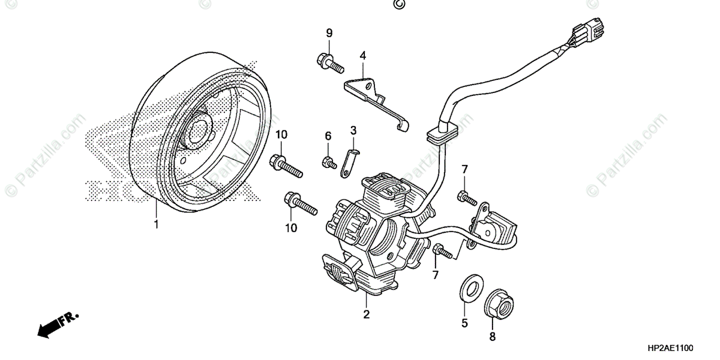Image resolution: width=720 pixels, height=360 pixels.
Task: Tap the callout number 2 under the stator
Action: (x=366, y=314)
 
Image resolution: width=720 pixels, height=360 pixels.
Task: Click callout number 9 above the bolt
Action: (x=329, y=32)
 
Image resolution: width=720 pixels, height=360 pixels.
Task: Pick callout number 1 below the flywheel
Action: (x=156, y=224)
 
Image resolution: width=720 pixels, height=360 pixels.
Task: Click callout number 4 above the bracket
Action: (x=362, y=56)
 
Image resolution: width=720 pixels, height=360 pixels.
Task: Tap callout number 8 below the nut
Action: (x=492, y=337)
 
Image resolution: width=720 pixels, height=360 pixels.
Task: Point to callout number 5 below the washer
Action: (x=464, y=323)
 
